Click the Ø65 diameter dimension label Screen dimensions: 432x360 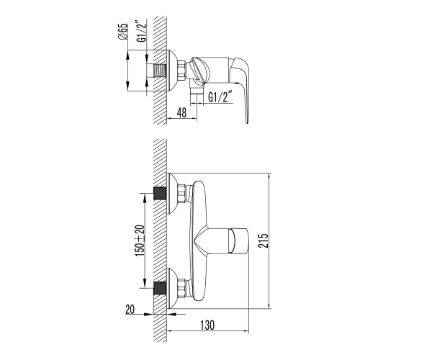click(x=123, y=32)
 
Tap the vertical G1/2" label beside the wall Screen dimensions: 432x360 click(x=141, y=30)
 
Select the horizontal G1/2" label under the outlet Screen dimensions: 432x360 click(x=219, y=97)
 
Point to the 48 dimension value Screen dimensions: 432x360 click(x=181, y=112)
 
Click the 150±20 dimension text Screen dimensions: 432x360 click(x=140, y=240)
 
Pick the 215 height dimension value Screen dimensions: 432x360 click(x=263, y=240)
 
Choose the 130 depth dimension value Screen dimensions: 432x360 click(x=207, y=325)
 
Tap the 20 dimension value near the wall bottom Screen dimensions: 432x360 click(x=130, y=310)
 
